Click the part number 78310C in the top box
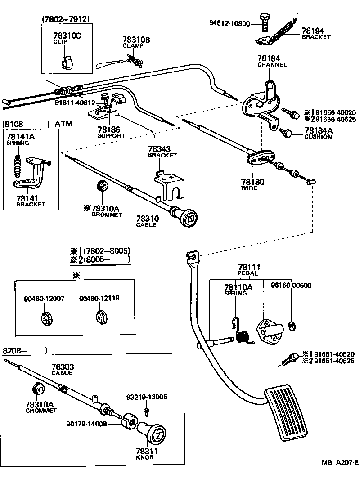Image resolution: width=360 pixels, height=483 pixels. tap(67, 36)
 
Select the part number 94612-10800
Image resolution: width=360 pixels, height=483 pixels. tap(229, 23)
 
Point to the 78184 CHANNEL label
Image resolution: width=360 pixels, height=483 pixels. tap(272, 61)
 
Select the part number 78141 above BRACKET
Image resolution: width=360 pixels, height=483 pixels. tap(31, 197)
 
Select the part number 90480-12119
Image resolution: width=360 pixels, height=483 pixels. tap(99, 298)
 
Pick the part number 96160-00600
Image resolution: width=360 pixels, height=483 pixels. tap(291, 286)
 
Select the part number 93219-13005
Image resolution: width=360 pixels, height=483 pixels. tap(147, 397)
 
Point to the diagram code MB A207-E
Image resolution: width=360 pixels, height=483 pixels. tap(339, 462)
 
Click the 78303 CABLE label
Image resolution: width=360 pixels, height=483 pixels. tap(63, 370)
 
